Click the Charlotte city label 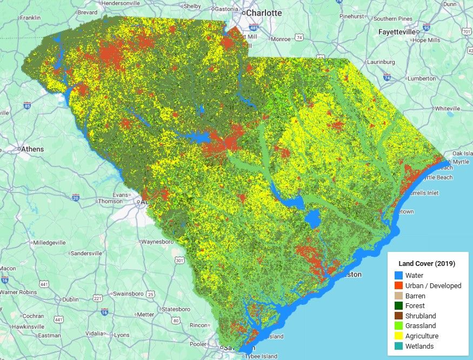click(264, 12)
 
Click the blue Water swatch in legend click(399, 275)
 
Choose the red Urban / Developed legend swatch click(399, 285)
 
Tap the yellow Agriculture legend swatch click(399, 336)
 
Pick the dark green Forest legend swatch click(399, 305)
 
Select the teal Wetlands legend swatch click(399, 346)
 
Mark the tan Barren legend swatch click(399, 296)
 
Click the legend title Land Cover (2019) click(427, 264)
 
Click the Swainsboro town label click(131, 294)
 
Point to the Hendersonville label click(125, 3)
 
